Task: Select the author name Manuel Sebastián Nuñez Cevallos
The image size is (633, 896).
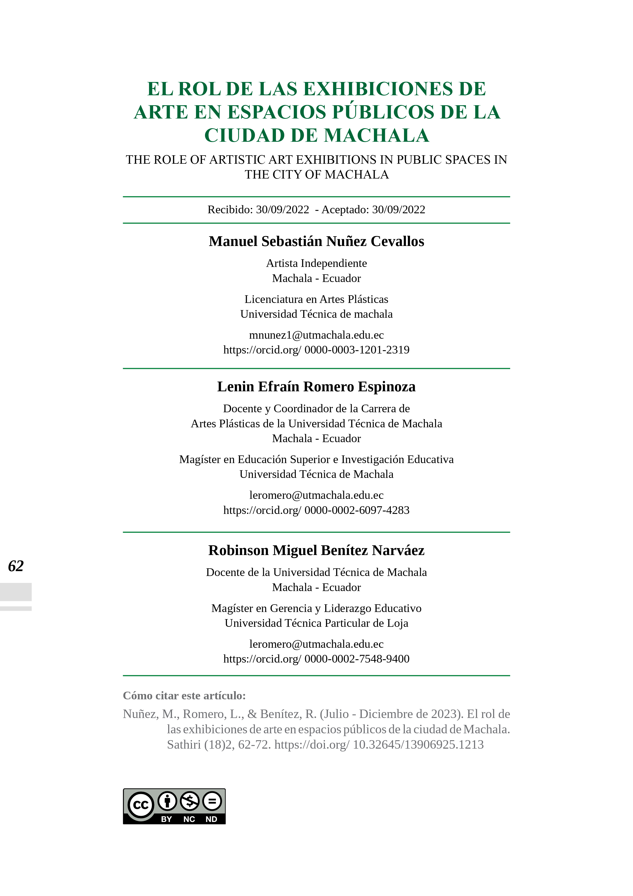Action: pyautogui.click(x=316, y=242)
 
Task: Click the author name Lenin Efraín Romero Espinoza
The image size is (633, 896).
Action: pyautogui.click(x=316, y=387)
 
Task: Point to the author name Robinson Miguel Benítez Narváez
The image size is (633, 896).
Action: pyautogui.click(x=316, y=550)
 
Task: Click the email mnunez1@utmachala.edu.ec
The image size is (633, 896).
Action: pyautogui.click(x=316, y=335)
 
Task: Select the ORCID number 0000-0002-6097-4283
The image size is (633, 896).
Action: pyautogui.click(x=357, y=510)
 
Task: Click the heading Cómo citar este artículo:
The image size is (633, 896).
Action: pyautogui.click(x=184, y=695)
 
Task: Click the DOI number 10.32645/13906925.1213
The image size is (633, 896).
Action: pyautogui.click(x=418, y=745)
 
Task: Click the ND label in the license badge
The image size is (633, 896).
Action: pyautogui.click(x=211, y=819)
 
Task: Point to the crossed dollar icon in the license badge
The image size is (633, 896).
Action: pyautogui.click(x=190, y=801)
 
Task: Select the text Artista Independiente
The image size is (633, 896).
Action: pyautogui.click(x=316, y=263)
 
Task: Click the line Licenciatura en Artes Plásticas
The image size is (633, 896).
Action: pyautogui.click(x=316, y=299)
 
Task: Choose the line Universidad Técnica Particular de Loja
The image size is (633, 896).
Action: pyautogui.click(x=316, y=623)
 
